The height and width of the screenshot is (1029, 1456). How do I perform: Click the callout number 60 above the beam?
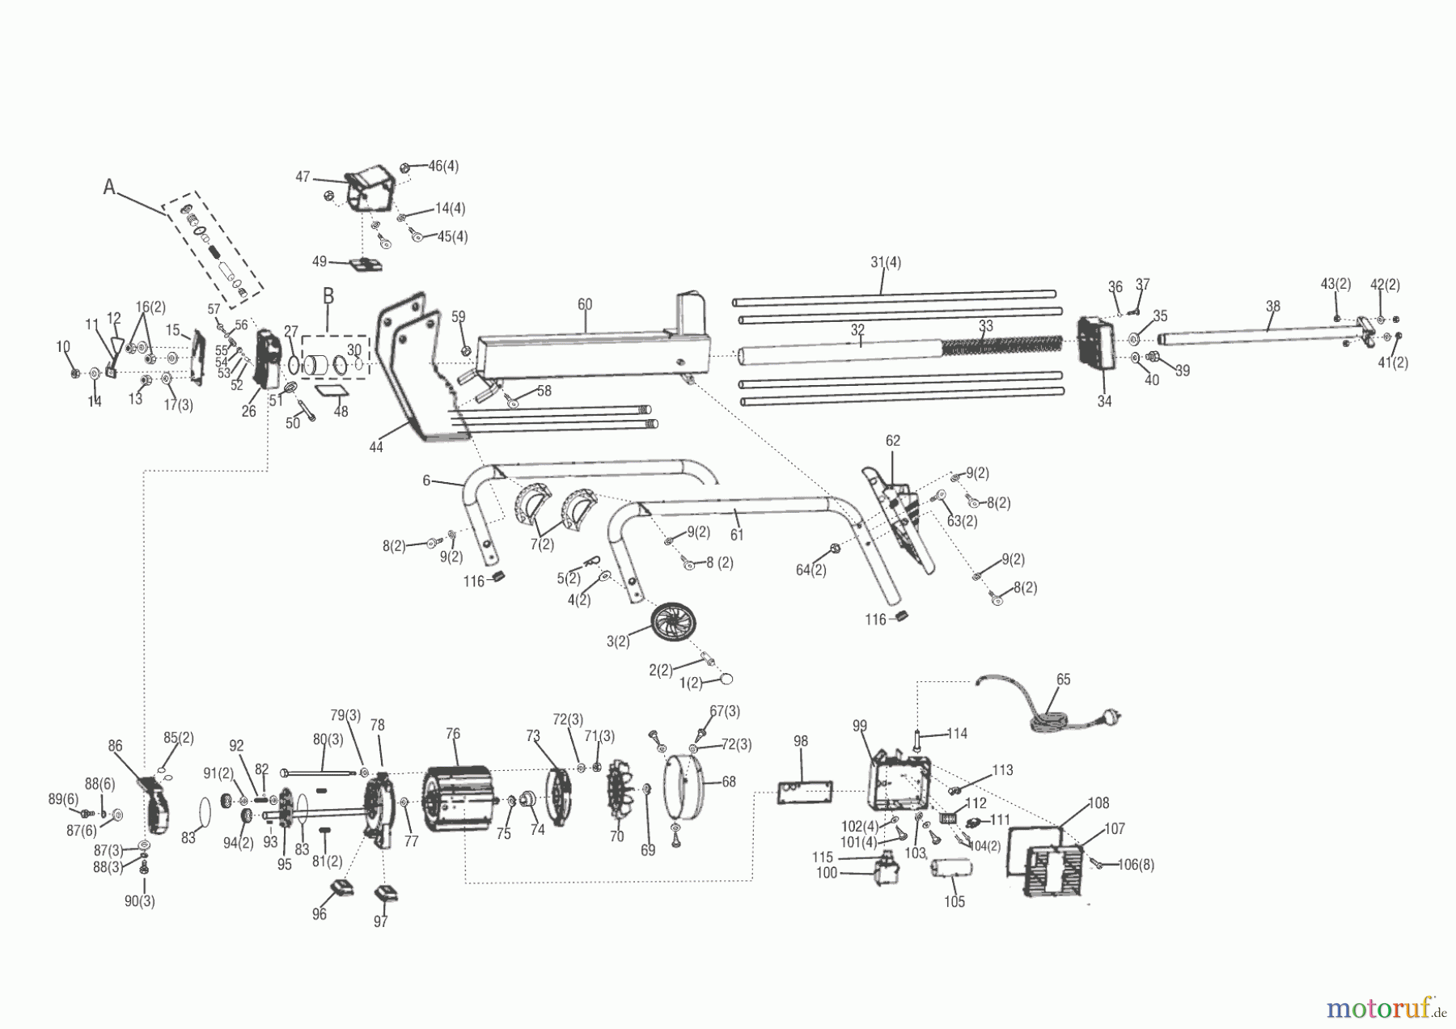[585, 305]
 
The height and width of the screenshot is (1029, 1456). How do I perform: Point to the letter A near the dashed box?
[109, 187]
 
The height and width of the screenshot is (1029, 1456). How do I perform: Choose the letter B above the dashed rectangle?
[328, 296]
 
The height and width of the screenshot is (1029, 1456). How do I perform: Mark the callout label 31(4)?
[886, 262]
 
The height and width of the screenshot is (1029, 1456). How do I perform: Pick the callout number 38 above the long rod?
[1273, 307]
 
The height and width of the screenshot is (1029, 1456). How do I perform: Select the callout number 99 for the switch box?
[859, 726]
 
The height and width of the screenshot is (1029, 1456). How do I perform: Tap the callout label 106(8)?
[1136, 865]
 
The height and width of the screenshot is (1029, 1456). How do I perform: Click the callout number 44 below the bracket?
[376, 447]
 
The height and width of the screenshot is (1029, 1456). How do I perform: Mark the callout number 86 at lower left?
[116, 745]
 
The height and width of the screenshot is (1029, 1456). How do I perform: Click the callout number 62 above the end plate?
[893, 441]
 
